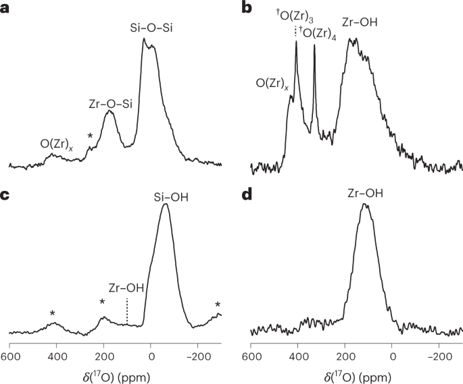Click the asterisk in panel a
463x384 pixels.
[90, 137]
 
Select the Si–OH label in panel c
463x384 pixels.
[166, 198]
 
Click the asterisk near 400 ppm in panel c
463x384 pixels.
[53, 313]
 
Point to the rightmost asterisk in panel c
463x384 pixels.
[218, 305]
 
